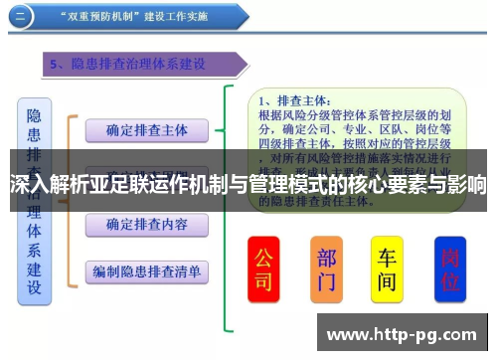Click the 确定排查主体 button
[146, 130]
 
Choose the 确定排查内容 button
[146, 225]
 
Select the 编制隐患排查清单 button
[146, 271]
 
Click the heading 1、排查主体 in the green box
[297, 100]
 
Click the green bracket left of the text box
[231, 199]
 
